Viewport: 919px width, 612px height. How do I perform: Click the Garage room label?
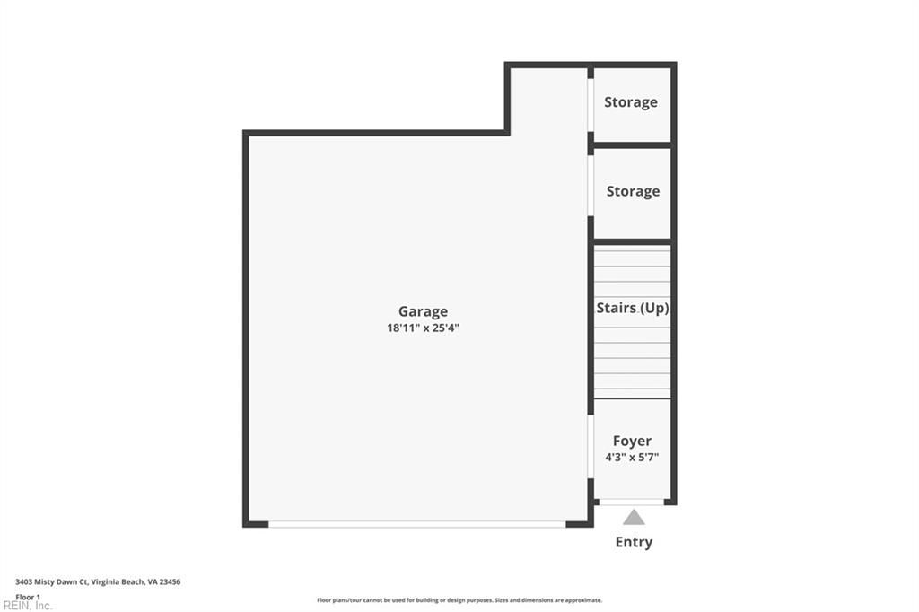[423, 311]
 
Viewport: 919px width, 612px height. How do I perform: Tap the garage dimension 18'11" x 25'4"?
[423, 328]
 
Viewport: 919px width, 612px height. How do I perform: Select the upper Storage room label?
[631, 102]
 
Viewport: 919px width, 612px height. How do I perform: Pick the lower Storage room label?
[633, 191]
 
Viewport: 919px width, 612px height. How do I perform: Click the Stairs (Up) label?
[633, 308]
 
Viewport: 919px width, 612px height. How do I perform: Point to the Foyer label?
[632, 441]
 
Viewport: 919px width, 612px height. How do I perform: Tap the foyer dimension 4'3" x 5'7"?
[632, 458]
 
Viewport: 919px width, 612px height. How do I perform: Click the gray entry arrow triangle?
[634, 517]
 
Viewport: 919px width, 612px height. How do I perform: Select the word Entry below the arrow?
[634, 542]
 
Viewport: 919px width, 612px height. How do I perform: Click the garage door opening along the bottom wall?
[417, 525]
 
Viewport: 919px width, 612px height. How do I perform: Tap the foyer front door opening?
[632, 502]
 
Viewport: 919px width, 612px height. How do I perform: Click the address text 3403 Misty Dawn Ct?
[51, 582]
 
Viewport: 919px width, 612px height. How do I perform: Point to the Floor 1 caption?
[28, 598]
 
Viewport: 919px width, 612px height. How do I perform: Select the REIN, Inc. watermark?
[27, 606]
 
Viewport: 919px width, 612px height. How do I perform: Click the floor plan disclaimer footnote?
[459, 600]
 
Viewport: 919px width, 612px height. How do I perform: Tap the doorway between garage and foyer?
[591, 447]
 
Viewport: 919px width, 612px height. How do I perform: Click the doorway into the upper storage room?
[591, 105]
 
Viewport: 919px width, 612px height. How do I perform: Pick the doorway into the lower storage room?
[591, 185]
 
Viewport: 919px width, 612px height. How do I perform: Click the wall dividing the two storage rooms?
[633, 144]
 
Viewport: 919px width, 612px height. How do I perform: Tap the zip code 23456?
[171, 582]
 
